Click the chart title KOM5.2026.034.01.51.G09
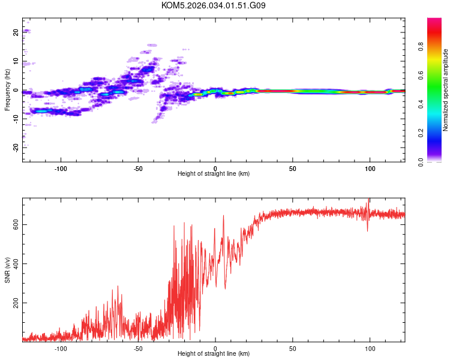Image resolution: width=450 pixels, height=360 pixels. (214, 6)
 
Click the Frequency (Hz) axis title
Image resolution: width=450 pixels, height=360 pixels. (7, 90)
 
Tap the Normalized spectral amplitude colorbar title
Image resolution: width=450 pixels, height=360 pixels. (446, 90)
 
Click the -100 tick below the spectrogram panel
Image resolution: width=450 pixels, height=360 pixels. (61, 168)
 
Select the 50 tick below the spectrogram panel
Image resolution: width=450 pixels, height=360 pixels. (292, 168)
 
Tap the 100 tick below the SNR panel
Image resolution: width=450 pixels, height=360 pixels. (370, 348)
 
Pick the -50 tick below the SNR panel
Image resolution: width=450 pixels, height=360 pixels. (138, 348)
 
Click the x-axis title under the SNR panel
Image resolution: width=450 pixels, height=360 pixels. (214, 355)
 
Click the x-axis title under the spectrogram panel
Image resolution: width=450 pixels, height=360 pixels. (214, 174)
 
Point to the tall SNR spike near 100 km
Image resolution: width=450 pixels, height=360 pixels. (368, 203)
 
